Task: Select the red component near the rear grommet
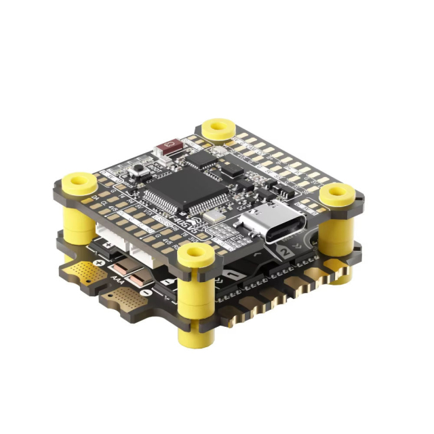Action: (x=167, y=146)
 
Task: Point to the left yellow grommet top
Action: (x=79, y=181)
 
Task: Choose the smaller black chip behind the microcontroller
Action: (x=201, y=160)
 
